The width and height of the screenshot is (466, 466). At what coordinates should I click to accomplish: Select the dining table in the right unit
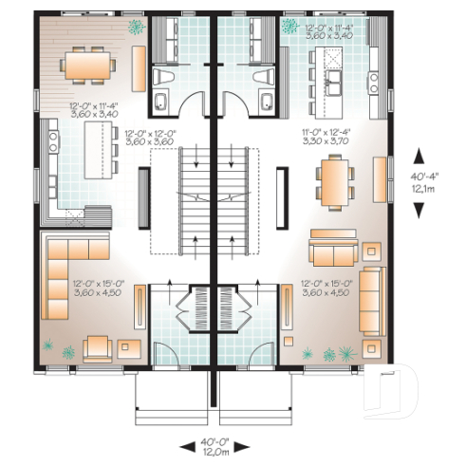tap(333, 180)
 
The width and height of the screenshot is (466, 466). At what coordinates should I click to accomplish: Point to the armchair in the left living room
tap(98, 347)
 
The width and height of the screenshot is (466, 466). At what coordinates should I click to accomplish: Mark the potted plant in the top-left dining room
tap(138, 26)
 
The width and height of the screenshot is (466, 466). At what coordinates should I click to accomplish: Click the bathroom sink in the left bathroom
tap(161, 102)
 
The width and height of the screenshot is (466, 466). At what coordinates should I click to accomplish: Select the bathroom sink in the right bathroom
tap(267, 102)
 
